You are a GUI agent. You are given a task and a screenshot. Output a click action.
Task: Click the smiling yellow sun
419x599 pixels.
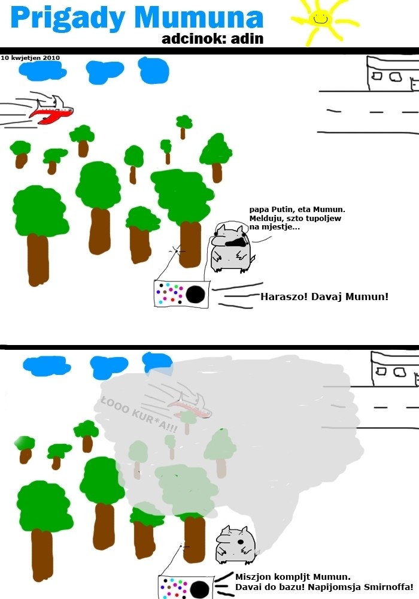[321, 20]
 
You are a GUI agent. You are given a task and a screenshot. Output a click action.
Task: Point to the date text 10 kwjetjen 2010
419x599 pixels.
[30, 58]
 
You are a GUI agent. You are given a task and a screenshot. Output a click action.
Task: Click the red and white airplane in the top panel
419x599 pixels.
[51, 110]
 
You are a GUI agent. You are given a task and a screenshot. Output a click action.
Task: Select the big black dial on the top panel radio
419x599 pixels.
[196, 294]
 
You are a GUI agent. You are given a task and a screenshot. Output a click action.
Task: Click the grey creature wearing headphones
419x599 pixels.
[230, 247]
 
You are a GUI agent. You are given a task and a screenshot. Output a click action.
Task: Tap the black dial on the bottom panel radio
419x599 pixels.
[199, 589]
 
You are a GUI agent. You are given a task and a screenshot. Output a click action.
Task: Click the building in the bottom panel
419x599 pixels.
[395, 369]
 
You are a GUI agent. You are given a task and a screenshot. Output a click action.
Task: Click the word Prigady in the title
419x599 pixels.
[68, 19]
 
